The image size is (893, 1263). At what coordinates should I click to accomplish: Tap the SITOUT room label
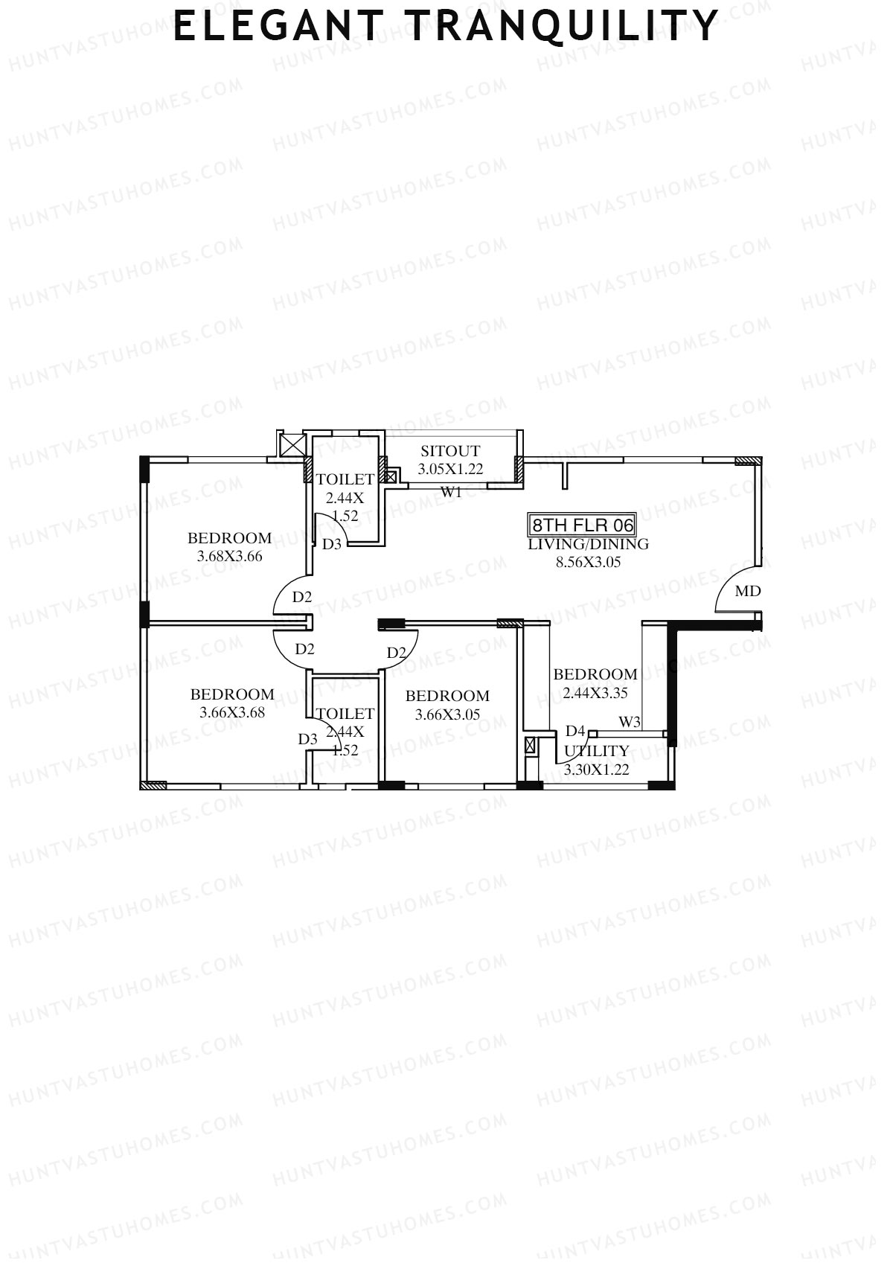pos(450,451)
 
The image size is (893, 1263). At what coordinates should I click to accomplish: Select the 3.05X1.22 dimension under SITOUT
pos(450,469)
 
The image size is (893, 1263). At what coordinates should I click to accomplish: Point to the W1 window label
pos(451,492)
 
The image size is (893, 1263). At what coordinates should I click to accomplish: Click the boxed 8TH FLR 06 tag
pos(582,525)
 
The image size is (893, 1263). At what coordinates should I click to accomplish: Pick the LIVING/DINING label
pos(588,544)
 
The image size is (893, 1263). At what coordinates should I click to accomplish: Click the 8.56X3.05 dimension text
pos(588,562)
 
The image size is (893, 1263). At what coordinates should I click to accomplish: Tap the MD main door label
pos(747,592)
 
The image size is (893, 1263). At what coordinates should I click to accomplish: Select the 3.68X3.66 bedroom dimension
pos(229,556)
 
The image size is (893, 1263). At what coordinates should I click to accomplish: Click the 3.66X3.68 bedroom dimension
pos(232,712)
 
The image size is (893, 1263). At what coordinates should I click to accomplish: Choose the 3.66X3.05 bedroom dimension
pos(447,714)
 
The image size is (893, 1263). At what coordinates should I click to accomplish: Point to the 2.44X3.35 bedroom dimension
pos(595,693)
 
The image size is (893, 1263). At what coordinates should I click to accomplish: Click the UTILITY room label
pos(596,751)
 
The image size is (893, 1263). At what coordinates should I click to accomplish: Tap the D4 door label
pos(575,731)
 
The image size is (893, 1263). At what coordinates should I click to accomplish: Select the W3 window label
pos(629,722)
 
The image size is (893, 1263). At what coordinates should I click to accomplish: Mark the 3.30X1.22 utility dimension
pos(596,770)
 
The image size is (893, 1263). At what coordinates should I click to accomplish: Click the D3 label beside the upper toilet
pos(332,544)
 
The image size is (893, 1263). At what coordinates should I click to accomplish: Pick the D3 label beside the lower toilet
pos(308,739)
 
